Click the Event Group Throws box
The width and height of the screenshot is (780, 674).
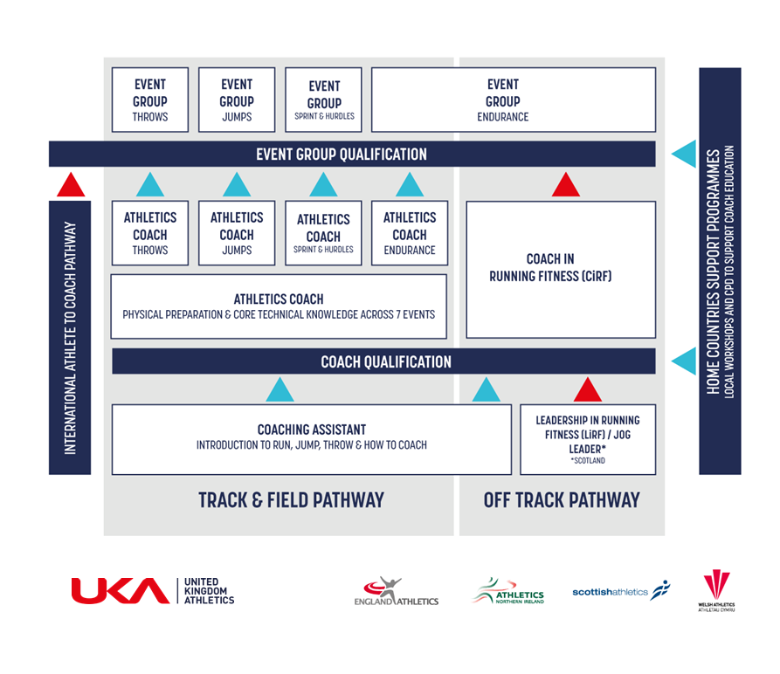(x=150, y=100)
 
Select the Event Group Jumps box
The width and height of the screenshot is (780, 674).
(x=237, y=100)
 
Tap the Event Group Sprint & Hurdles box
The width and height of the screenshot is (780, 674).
(x=323, y=100)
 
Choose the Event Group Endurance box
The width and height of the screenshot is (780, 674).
(x=514, y=100)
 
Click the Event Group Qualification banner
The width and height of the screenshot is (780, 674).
(x=352, y=154)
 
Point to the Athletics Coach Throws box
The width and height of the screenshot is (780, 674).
(x=150, y=233)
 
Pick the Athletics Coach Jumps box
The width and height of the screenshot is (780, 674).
(x=237, y=233)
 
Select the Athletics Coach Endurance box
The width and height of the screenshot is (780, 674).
(x=410, y=233)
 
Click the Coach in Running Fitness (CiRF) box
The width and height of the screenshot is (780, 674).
(x=561, y=270)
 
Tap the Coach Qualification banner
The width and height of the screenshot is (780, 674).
(x=383, y=361)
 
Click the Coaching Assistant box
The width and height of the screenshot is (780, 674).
(x=312, y=439)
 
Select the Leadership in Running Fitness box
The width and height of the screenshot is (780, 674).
(x=588, y=439)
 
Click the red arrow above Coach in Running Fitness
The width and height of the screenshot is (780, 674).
(x=566, y=185)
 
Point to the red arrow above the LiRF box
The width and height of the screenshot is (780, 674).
(x=588, y=390)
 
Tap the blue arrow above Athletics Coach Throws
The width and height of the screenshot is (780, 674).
(x=150, y=185)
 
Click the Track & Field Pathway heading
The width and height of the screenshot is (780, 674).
(x=292, y=500)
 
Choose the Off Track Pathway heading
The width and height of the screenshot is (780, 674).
(x=562, y=500)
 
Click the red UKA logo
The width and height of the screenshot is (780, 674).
(x=121, y=590)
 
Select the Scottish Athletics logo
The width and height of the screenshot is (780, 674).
(x=621, y=591)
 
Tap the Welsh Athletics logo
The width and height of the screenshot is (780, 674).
(x=716, y=591)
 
